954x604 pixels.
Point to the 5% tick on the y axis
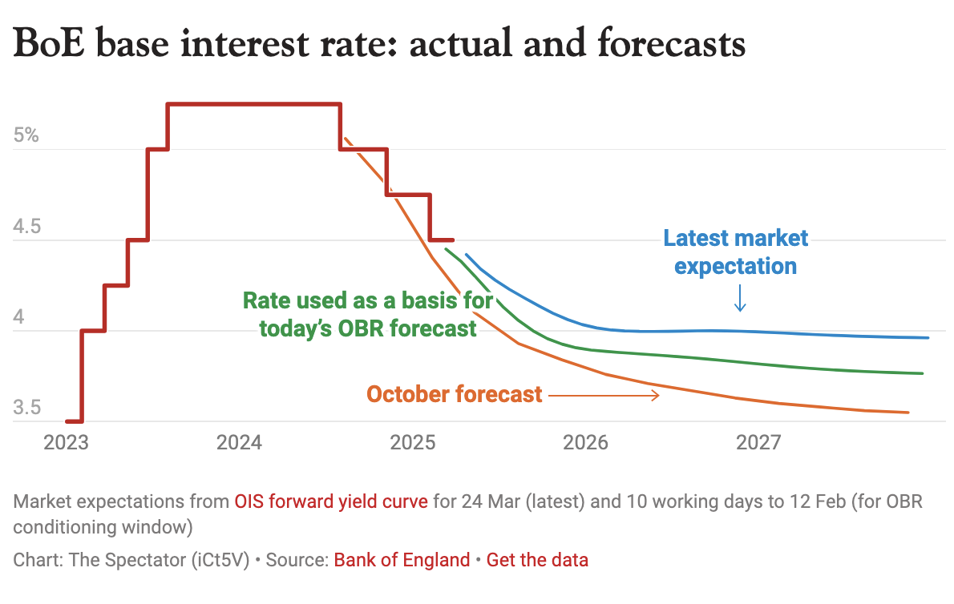tap(26, 135)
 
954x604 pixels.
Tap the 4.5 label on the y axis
tap(26, 227)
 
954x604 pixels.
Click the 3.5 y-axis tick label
tap(26, 408)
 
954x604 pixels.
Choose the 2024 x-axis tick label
tap(239, 442)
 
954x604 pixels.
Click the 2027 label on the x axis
tap(759, 442)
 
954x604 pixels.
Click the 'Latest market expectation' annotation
tap(735, 252)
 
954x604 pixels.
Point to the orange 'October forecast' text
tap(454, 394)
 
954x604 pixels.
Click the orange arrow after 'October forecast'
tap(604, 395)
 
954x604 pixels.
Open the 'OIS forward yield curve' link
tap(331, 502)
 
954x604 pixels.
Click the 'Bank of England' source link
tap(402, 560)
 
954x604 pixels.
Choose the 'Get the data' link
tap(537, 560)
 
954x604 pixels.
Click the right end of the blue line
tap(928, 337)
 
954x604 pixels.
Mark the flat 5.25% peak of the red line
tap(254, 104)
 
